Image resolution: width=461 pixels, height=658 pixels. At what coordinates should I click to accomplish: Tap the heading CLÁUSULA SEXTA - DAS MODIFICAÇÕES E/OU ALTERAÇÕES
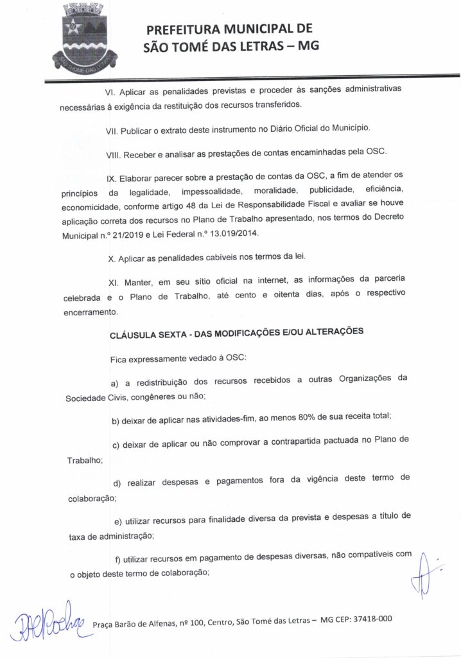coord(238,333)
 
